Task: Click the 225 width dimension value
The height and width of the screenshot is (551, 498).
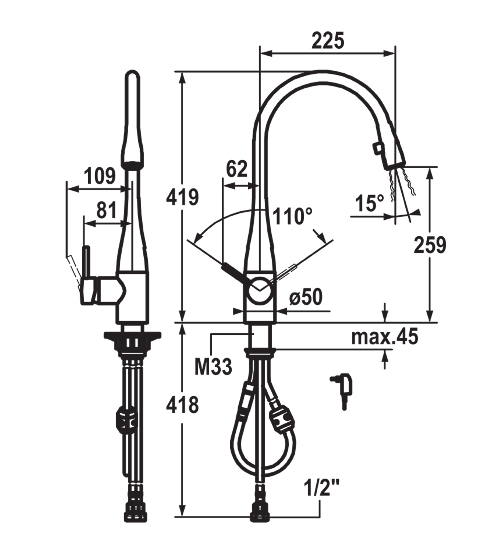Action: [x=328, y=41]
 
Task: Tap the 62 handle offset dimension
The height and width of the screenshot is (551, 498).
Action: [x=237, y=169]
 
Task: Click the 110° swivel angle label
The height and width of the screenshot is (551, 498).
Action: [x=292, y=216]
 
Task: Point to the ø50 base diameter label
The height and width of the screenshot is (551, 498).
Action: [x=306, y=297]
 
